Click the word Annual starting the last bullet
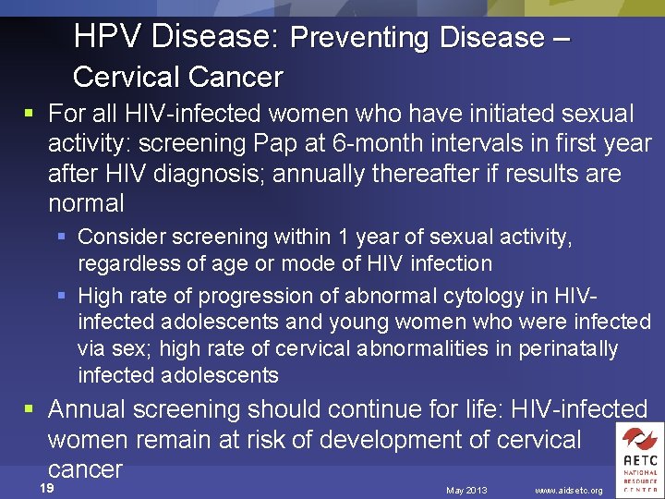84,408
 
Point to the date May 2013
466,490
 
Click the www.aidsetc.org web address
569,490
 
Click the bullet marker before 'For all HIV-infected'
30,115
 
